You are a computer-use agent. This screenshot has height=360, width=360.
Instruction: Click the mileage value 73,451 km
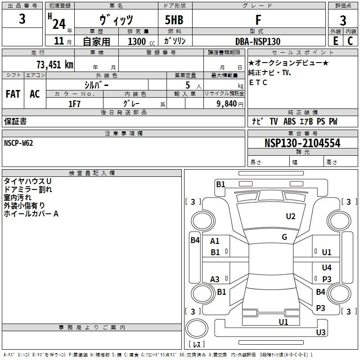[x=54, y=64]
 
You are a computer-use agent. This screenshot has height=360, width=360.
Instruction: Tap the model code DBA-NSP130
[x=258, y=41]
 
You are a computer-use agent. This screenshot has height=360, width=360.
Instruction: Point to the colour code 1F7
[x=74, y=103]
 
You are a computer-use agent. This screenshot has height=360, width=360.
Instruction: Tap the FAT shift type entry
[x=13, y=94]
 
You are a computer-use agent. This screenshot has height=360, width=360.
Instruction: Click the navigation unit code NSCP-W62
[x=18, y=143]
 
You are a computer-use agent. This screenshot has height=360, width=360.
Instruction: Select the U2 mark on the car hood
[x=291, y=216]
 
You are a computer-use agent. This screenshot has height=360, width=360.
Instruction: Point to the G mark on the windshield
[x=284, y=237]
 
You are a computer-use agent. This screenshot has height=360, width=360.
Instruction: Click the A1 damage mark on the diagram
[x=215, y=241]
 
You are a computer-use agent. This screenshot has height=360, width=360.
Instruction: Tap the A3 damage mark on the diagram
[x=215, y=279]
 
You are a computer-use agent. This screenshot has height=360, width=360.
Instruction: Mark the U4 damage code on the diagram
[x=327, y=268]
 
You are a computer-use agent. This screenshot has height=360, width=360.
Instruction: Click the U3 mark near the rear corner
[x=321, y=333]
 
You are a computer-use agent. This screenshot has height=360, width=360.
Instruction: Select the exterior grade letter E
[x=335, y=41]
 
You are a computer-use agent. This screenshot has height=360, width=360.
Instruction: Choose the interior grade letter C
[x=350, y=41]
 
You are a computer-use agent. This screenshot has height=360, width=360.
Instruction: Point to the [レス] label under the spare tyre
[x=196, y=345]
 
